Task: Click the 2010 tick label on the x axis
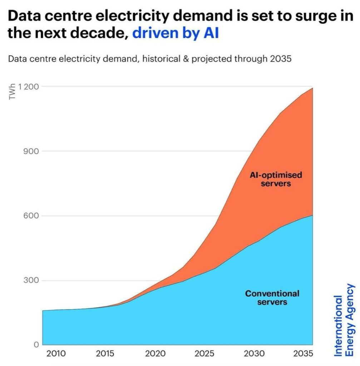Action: tap(56, 354)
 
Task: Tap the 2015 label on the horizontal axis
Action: tap(105, 354)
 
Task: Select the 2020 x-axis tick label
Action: tap(155, 354)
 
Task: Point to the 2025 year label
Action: tap(204, 354)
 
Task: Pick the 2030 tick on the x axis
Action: tap(254, 354)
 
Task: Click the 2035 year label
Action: tap(303, 354)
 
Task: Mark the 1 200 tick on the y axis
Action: tap(29, 86)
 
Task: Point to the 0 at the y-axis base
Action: tap(36, 345)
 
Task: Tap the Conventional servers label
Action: tap(272, 298)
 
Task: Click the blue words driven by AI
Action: tap(175, 34)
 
